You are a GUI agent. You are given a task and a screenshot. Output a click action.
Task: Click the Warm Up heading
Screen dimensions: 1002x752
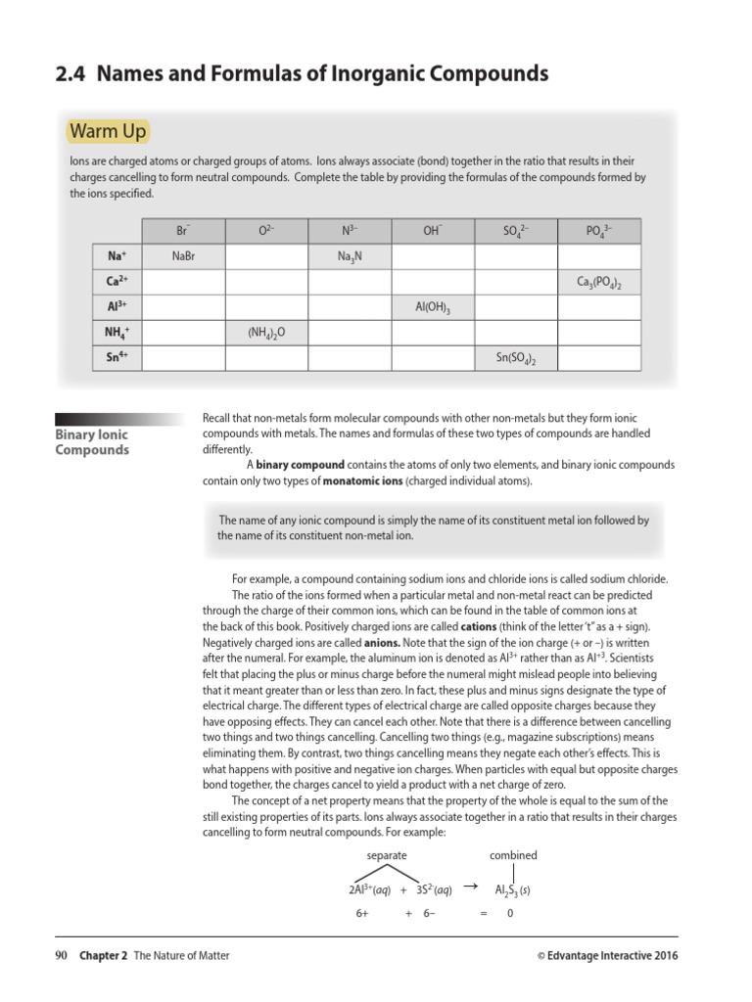pyautogui.click(x=108, y=131)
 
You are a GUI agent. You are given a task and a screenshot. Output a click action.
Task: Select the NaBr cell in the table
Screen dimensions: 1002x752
pyautogui.click(x=184, y=256)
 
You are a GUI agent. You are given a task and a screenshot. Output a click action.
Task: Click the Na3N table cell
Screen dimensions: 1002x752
pyautogui.click(x=350, y=257)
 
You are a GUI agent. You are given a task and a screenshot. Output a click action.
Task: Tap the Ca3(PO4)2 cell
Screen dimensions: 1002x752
pyautogui.click(x=599, y=283)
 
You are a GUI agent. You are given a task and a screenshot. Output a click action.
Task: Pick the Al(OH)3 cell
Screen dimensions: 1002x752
pyautogui.click(x=433, y=308)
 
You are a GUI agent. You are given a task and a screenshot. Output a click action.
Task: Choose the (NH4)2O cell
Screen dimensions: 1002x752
pyautogui.click(x=266, y=334)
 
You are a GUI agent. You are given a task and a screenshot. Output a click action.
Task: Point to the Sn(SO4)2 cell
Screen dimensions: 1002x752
pyautogui.click(x=516, y=359)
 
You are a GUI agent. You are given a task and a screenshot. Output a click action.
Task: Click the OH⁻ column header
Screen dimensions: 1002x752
pyautogui.click(x=433, y=231)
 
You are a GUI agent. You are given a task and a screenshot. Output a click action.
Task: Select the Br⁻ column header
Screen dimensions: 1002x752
pyautogui.click(x=183, y=231)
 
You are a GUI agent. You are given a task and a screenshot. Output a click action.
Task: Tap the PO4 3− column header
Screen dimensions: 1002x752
pyautogui.click(x=599, y=231)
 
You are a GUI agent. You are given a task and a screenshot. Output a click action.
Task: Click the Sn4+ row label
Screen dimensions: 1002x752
pyautogui.click(x=117, y=358)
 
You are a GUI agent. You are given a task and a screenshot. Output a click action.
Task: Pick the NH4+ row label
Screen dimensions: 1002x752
pyautogui.click(x=117, y=333)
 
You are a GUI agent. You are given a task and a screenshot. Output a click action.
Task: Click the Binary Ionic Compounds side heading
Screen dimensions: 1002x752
pyautogui.click(x=92, y=442)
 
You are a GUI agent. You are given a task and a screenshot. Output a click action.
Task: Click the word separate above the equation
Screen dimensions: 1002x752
pyautogui.click(x=387, y=854)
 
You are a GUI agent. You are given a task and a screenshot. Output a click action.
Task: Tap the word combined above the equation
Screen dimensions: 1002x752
pyautogui.click(x=513, y=854)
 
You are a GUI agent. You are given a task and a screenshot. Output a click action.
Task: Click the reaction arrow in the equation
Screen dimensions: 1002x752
pyautogui.click(x=470, y=887)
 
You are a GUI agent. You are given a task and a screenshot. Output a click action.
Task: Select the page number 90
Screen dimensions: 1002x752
pyautogui.click(x=61, y=956)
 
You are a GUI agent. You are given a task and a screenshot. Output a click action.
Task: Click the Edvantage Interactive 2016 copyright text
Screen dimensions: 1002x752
pyautogui.click(x=607, y=956)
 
